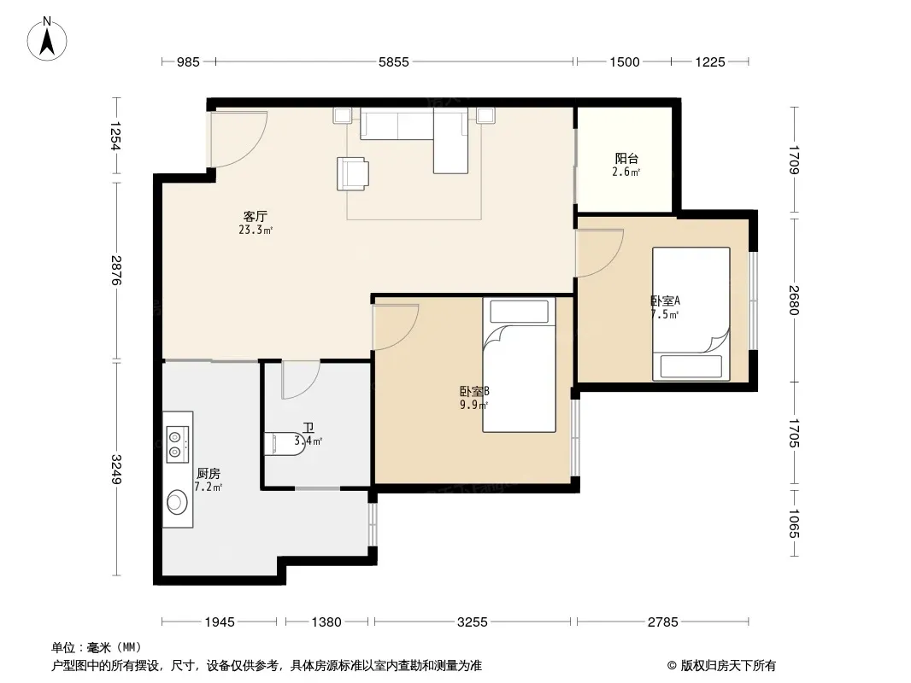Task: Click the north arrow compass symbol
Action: (x=47, y=39)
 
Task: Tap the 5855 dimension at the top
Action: (x=394, y=61)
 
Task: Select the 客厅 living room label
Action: (x=255, y=217)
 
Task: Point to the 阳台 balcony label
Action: (x=627, y=158)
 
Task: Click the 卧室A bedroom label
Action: (x=665, y=301)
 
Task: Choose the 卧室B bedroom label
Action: (x=474, y=391)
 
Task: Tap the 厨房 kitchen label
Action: (x=208, y=474)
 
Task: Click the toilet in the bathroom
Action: (x=281, y=444)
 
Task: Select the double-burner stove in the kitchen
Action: (x=177, y=445)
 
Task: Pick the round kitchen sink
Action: (x=177, y=501)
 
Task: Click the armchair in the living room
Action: (x=353, y=173)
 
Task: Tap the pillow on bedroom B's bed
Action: (x=519, y=312)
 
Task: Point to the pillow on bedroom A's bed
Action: (x=691, y=367)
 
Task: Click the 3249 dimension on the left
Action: (x=117, y=470)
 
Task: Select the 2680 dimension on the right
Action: (x=795, y=300)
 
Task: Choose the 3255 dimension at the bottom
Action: (x=473, y=622)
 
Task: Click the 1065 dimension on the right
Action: (x=795, y=523)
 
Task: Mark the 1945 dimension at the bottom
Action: (x=220, y=622)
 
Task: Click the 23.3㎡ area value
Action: (x=256, y=230)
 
